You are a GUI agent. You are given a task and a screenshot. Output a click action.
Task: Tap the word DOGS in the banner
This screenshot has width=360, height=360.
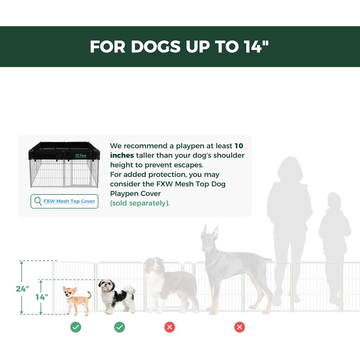tap(155, 47)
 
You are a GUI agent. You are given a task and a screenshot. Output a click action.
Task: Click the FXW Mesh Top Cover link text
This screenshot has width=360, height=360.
tap(69, 201)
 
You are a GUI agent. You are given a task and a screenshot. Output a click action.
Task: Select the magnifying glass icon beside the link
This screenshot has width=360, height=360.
tap(38, 202)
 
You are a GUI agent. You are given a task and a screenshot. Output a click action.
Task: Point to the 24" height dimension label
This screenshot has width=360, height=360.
tap(22, 289)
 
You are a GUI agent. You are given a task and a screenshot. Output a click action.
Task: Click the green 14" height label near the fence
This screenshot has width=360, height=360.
tap(42, 297)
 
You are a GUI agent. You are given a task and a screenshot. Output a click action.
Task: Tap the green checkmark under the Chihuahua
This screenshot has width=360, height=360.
tap(76, 327)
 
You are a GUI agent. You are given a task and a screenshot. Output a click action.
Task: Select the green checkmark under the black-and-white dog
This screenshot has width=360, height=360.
tap(120, 327)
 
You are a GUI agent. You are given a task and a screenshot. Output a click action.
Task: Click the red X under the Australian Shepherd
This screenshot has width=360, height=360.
tap(170, 327)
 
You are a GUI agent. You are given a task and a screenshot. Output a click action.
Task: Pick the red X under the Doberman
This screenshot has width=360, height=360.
tap(240, 327)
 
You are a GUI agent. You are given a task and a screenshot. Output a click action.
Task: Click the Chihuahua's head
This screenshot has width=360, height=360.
tap(69, 291)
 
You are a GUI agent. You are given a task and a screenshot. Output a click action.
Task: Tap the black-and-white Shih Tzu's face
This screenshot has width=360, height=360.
tap(106, 285)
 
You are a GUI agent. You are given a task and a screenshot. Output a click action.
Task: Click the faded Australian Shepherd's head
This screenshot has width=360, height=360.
tap(154, 265)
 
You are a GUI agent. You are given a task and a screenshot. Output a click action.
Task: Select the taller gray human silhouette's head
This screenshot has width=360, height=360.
tap(290, 169)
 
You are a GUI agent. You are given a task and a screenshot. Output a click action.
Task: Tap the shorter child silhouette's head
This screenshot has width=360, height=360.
tap(334, 201)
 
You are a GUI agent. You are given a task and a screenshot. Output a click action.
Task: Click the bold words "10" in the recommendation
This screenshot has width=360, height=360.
tap(239, 146)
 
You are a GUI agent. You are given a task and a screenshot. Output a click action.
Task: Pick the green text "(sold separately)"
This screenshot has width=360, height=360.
tap(139, 203)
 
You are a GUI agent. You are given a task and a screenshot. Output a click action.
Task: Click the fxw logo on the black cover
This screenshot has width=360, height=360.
tap(81, 156)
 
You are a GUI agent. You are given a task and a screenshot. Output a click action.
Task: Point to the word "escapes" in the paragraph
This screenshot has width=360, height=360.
tap(189, 165)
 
